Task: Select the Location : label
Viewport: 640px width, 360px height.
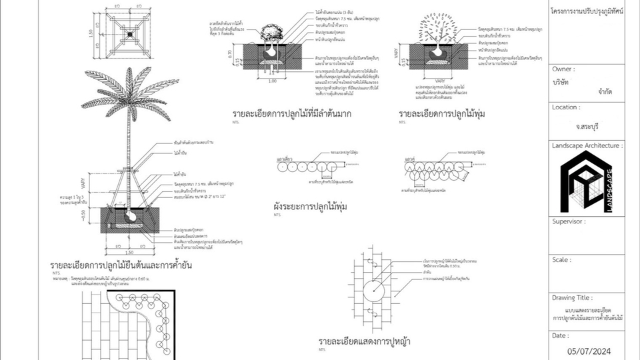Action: tap(566, 107)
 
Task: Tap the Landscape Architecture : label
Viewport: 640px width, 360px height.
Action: tap(587, 145)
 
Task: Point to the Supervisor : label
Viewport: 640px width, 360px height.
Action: tap(569, 221)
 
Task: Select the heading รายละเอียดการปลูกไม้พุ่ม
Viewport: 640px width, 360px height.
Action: tap(442, 114)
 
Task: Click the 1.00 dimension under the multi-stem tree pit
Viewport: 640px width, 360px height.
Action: tap(271, 81)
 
